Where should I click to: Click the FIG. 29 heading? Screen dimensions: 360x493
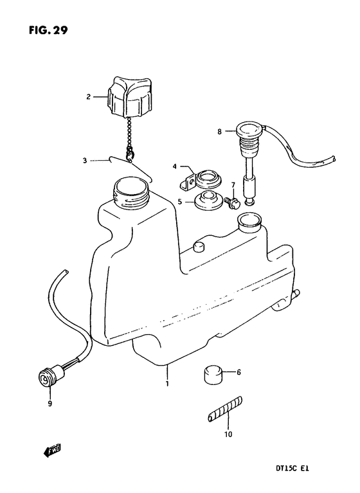[x=48, y=30]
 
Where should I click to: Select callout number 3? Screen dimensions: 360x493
[x=85, y=161]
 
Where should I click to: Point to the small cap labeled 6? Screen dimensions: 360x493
[x=213, y=375]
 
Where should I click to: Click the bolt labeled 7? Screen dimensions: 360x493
[x=232, y=202]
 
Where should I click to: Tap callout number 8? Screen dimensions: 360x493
[x=219, y=132]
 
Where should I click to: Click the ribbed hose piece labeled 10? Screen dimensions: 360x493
[x=226, y=409]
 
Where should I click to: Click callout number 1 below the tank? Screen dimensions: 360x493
[x=167, y=384]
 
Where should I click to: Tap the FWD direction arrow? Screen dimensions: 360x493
[x=52, y=451]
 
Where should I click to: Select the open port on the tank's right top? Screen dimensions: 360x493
[x=250, y=222]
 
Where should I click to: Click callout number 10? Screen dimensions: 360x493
[x=228, y=435]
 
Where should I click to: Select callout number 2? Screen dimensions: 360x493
[x=88, y=97]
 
